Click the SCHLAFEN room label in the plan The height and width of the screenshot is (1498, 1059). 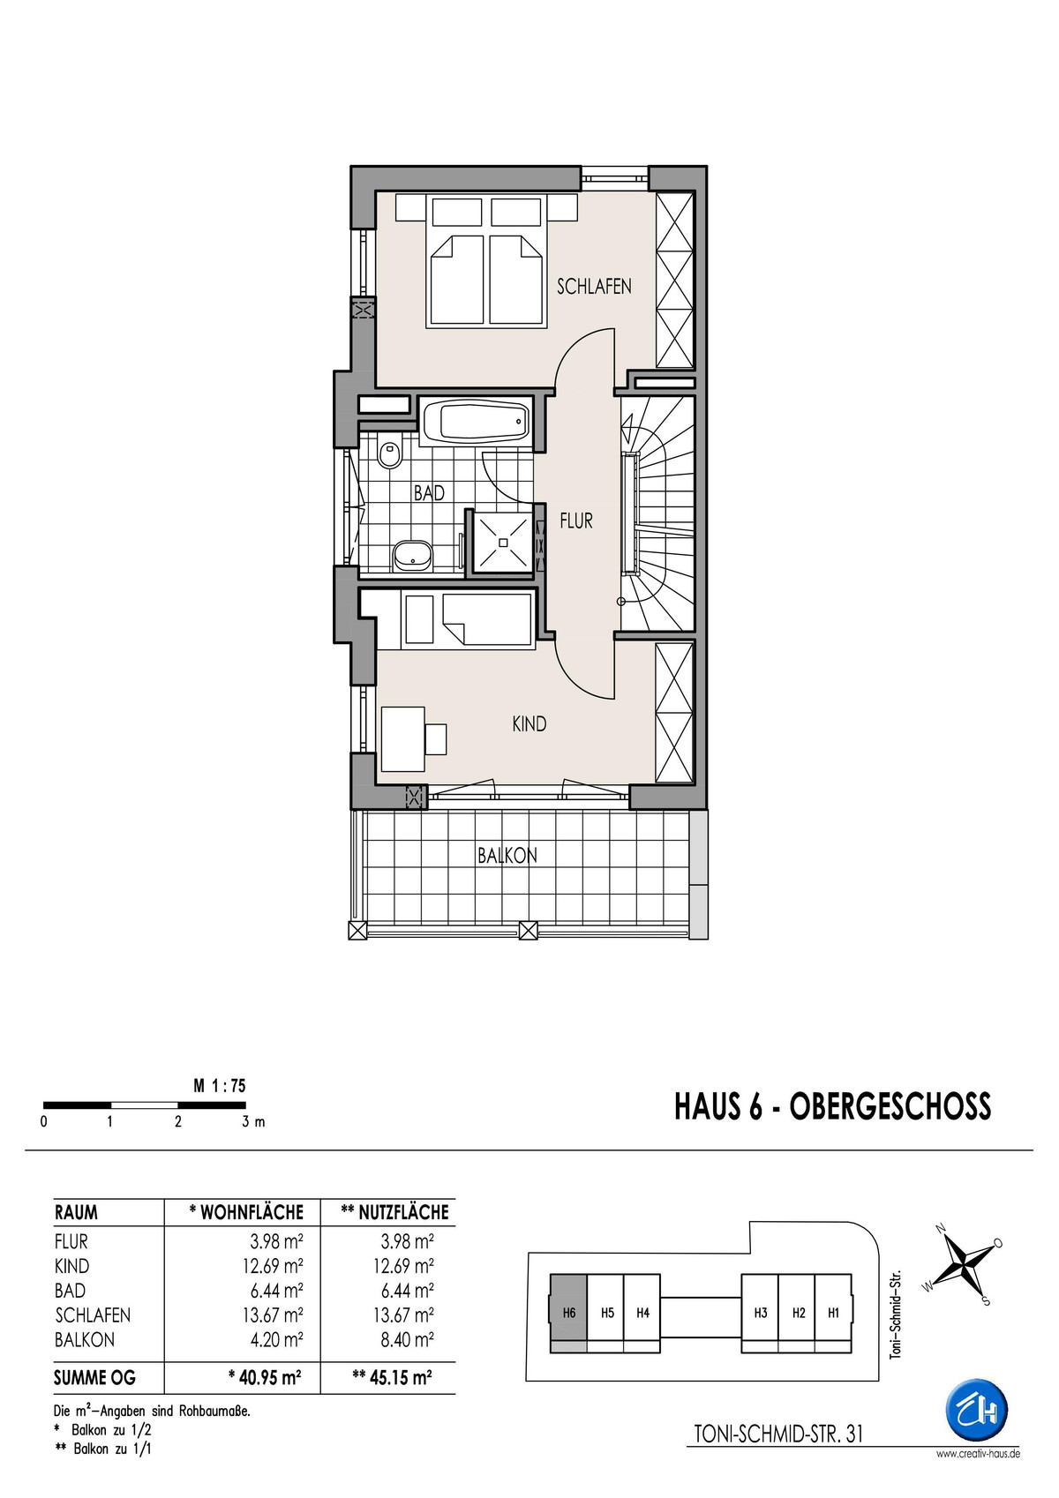click(594, 286)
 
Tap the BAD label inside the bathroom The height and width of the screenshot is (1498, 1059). click(429, 493)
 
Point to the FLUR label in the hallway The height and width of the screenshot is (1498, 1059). click(576, 521)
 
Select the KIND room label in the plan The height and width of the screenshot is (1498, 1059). click(529, 723)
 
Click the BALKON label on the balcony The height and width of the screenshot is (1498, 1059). click(507, 856)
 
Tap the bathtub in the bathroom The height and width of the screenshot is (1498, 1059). click(477, 422)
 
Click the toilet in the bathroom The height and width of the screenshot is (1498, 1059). click(389, 454)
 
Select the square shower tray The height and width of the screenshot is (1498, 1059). click(503, 541)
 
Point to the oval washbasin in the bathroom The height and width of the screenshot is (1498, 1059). click(411, 555)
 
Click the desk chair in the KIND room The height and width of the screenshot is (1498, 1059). click(435, 738)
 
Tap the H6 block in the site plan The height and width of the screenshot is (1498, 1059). click(568, 1313)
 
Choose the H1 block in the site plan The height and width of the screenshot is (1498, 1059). click(833, 1313)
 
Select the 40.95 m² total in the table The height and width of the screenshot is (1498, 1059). click(264, 1377)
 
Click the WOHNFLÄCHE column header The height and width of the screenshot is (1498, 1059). click(246, 1212)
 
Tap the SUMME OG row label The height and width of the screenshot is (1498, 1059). click(94, 1378)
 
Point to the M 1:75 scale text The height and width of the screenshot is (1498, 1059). click(220, 1086)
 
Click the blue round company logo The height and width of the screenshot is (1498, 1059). click(977, 1411)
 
